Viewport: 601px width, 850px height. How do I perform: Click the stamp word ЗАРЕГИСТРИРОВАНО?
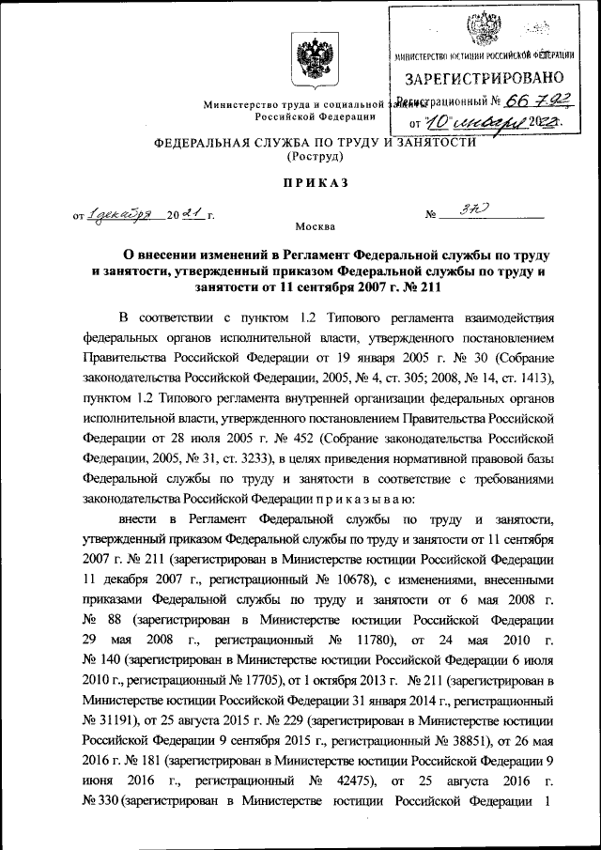pos(484,78)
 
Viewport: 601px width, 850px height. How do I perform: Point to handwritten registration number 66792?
pos(530,100)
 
